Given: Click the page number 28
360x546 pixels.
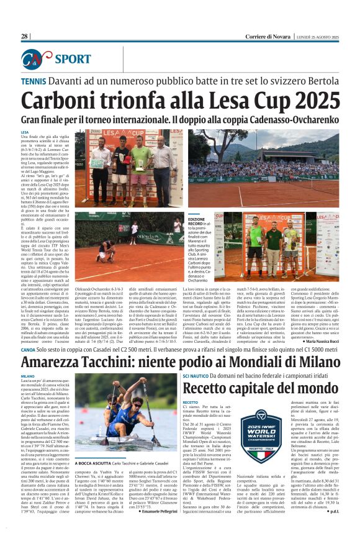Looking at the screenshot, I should pos(24,37).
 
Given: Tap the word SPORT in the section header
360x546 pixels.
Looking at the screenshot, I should pos(73,59).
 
